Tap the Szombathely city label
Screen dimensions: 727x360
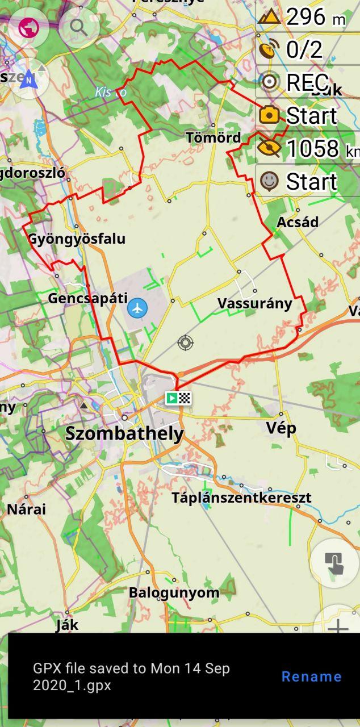pyautogui.click(x=125, y=433)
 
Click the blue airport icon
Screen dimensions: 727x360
pyautogui.click(x=137, y=308)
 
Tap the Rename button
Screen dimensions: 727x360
pyautogui.click(x=311, y=676)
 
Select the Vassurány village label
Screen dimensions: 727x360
pyautogui.click(x=255, y=303)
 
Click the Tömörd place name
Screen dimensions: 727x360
pyautogui.click(x=214, y=137)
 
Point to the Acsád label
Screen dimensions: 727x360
pyautogui.click(x=298, y=222)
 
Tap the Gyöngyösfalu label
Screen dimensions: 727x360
pyautogui.click(x=77, y=239)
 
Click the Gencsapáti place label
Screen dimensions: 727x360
pyautogui.click(x=88, y=298)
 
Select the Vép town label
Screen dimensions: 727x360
pyautogui.click(x=281, y=428)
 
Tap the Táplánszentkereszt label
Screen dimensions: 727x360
pyautogui.click(x=241, y=498)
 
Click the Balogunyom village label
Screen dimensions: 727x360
pyautogui.click(x=174, y=592)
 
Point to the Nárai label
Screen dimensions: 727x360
pyautogui.click(x=27, y=509)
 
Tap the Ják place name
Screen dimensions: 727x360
pyautogui.click(x=67, y=625)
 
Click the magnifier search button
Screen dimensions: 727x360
pyautogui.click(x=78, y=26)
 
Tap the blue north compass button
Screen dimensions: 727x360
pyautogui.click(x=28, y=80)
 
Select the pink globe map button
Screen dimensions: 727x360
pyautogui.click(x=28, y=27)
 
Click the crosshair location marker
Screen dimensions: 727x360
pyautogui.click(x=185, y=342)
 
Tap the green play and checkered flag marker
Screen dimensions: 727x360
pyautogui.click(x=178, y=398)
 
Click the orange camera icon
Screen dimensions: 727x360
pyautogui.click(x=269, y=115)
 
